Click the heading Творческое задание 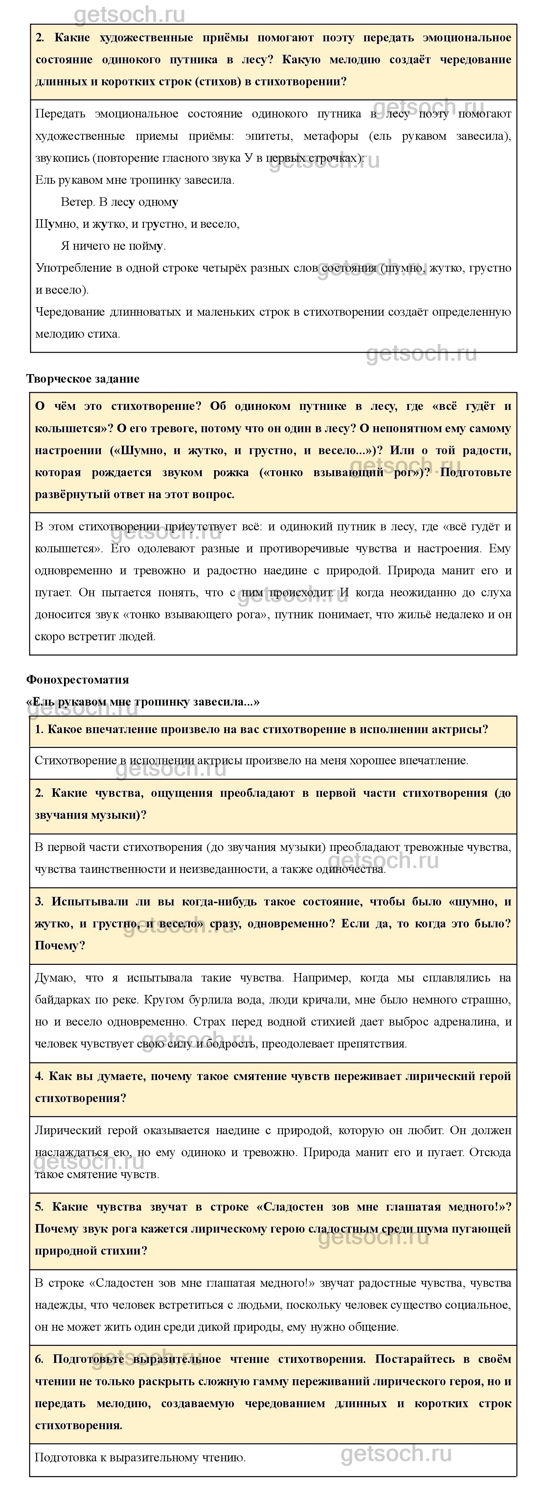83,379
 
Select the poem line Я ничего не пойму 113,246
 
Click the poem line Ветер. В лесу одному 119,202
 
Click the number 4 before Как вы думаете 39,1076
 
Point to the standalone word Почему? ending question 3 60,945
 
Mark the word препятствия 363,1044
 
